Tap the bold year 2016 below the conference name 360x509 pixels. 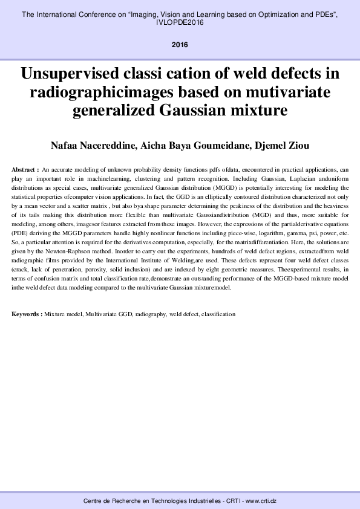[x=180, y=45]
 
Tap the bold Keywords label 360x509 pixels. [x=27, y=314]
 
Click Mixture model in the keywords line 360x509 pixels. [x=64, y=314]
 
